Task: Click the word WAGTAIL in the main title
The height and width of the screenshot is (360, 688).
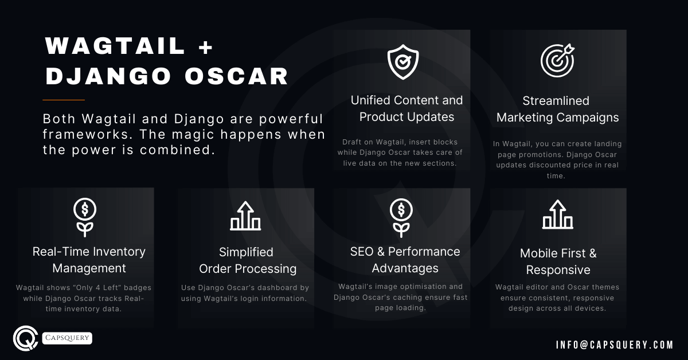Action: [115, 46]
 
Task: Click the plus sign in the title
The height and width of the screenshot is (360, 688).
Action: [205, 46]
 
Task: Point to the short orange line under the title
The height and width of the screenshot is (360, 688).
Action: [65, 100]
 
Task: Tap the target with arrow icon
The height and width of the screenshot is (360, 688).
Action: [557, 60]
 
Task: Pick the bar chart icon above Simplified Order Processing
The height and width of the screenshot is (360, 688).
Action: [245, 216]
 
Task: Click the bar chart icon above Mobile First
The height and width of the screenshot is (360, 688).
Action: [557, 214]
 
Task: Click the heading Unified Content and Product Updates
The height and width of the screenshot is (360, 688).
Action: [406, 109]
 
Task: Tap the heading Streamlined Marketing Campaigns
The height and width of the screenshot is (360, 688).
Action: [557, 109]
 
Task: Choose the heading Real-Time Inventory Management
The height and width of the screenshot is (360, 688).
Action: [89, 260]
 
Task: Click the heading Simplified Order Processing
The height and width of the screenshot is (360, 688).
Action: [247, 260]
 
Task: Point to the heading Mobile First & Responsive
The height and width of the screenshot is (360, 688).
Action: [558, 261]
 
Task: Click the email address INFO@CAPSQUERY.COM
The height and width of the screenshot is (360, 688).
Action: [615, 345]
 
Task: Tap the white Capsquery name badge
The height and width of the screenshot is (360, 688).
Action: [67, 338]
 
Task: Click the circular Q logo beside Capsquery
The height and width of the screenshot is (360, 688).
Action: [25, 338]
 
